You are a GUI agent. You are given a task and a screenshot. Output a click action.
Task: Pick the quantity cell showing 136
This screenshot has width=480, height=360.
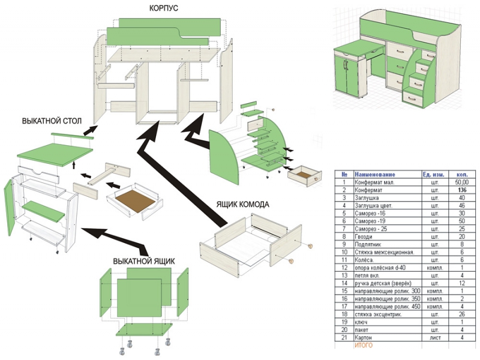tap(461, 190)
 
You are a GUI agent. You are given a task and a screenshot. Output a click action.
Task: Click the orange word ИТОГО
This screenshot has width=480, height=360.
tap(364, 346)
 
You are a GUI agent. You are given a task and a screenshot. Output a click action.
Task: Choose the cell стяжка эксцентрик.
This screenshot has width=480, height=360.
tap(379, 314)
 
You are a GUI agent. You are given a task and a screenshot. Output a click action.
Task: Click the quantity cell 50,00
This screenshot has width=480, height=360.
tap(461, 181)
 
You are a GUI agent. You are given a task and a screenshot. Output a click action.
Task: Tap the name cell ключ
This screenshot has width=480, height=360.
tap(362, 322)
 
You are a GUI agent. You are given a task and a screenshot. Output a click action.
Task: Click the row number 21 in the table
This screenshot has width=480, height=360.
tap(344, 338)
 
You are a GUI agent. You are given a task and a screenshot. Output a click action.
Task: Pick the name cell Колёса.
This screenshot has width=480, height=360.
tap(366, 260)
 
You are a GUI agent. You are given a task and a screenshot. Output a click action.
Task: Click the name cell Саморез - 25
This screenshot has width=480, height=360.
tap(374, 229)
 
